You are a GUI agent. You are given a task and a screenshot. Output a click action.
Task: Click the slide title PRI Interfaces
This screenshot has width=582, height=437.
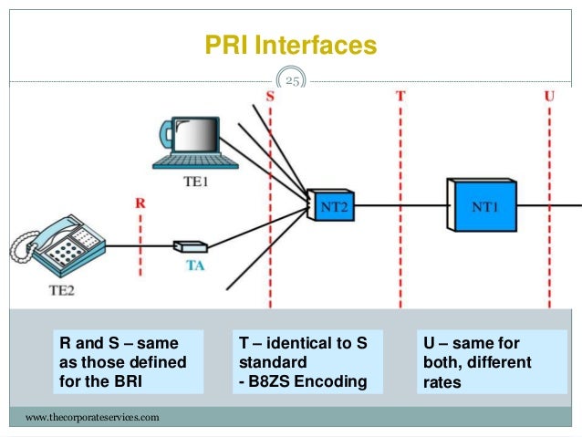click(291, 45)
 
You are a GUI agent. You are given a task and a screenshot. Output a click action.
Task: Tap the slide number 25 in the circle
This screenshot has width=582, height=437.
click(292, 81)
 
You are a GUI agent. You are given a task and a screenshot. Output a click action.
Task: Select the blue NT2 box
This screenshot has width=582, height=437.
click(331, 205)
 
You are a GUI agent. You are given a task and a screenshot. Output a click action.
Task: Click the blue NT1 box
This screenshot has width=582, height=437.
click(482, 205)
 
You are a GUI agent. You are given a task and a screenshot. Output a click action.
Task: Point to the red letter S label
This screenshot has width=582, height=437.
click(270, 97)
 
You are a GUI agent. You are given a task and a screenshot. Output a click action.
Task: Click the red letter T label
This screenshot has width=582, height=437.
click(400, 96)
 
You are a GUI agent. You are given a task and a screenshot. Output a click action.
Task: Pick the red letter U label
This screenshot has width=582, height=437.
click(549, 96)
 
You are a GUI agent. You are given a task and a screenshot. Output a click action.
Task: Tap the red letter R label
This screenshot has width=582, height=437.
click(140, 203)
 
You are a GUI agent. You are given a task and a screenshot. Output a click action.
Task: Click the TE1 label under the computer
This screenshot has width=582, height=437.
click(195, 182)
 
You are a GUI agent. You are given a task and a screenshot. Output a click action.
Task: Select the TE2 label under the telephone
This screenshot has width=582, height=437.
click(62, 290)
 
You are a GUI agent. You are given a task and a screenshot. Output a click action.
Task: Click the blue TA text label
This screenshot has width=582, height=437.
click(195, 265)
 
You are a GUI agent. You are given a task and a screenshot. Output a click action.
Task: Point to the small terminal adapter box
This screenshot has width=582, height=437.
click(191, 246)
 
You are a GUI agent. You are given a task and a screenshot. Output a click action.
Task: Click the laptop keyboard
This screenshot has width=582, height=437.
click(195, 161)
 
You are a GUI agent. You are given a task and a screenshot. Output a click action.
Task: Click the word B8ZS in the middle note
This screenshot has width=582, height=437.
click(269, 381)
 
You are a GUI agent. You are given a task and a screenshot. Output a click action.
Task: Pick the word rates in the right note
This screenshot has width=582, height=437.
click(442, 382)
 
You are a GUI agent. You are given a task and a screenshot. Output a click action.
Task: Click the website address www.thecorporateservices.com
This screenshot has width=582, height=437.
click(92, 417)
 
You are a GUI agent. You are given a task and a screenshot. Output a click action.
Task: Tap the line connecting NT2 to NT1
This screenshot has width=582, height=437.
click(400, 205)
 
